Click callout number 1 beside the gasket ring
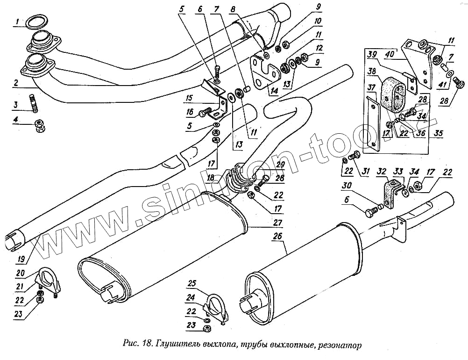[17, 22]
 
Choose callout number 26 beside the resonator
[277, 236]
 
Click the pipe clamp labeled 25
[215, 306]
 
